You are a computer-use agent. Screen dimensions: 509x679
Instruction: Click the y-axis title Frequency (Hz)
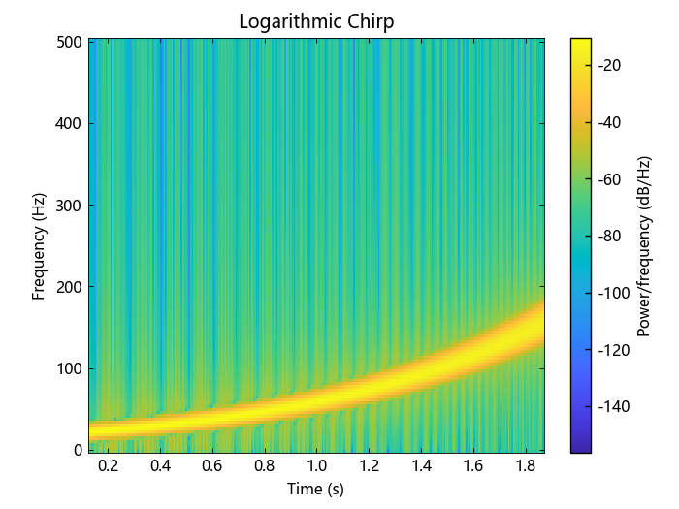(x=40, y=245)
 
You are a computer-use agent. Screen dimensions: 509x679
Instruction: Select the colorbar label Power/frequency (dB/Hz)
(x=642, y=245)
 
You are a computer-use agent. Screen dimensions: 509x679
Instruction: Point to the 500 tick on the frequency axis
(x=68, y=42)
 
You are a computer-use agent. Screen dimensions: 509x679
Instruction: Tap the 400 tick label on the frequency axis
(x=68, y=123)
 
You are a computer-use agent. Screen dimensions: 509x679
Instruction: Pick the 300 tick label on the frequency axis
(x=68, y=205)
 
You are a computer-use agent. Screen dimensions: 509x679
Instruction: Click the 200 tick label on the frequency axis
(x=68, y=286)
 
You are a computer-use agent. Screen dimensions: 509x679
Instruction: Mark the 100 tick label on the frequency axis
(x=68, y=368)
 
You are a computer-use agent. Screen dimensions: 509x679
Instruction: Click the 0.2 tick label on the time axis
(x=109, y=466)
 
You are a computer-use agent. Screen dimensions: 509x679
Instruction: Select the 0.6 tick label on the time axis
(x=212, y=466)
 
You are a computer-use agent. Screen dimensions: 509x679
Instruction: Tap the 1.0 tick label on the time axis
(x=316, y=466)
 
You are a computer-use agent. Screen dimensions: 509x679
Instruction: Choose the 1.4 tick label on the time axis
(x=420, y=466)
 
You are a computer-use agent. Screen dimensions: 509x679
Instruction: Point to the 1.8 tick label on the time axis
(x=524, y=466)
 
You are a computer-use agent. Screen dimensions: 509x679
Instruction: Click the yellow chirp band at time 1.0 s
(x=316, y=398)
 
